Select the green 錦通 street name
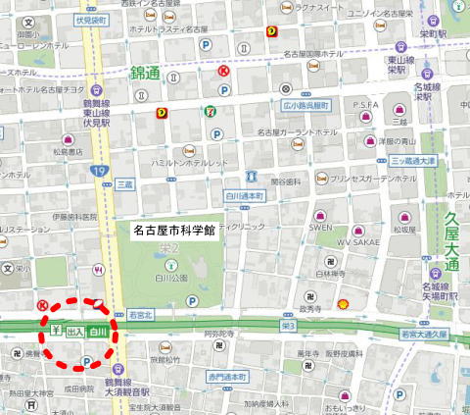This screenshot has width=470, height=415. (x=145, y=73)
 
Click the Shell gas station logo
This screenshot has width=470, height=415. (x=343, y=304)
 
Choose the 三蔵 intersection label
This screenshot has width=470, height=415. (x=124, y=183)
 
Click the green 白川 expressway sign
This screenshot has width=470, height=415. (x=97, y=333)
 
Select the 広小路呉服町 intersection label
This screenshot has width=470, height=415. (x=301, y=103)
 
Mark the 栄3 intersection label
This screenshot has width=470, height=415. (x=287, y=324)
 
